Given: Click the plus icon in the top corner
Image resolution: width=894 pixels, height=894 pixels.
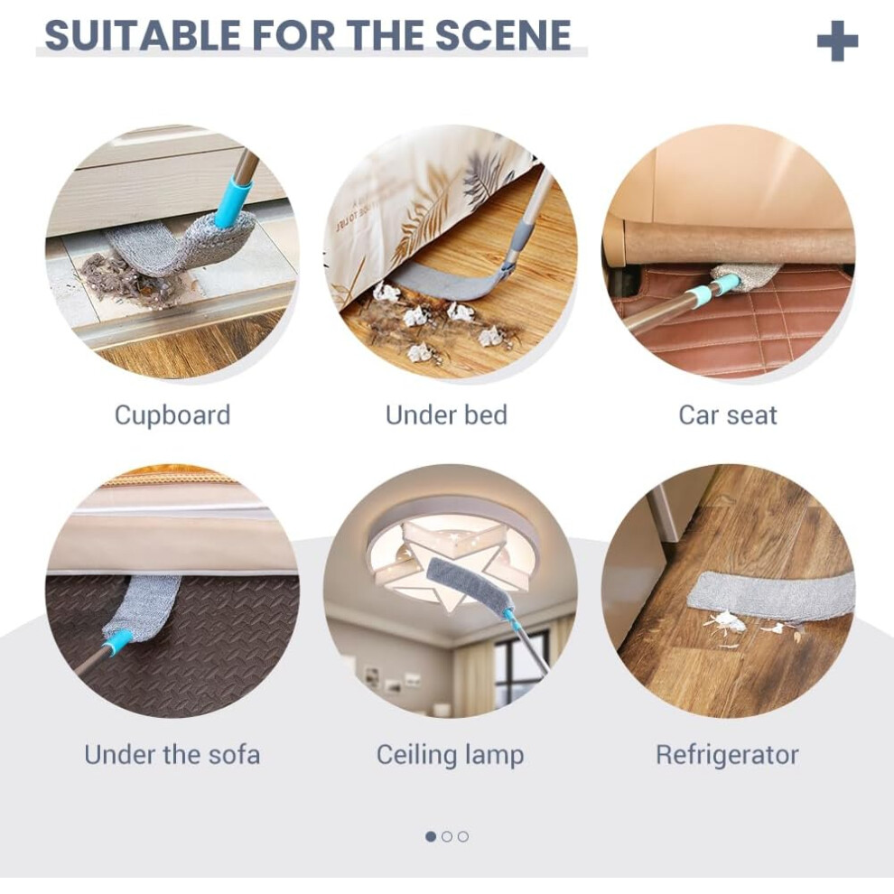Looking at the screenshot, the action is [x=837, y=41].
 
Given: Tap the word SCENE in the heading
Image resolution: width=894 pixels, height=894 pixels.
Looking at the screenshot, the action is [x=503, y=35].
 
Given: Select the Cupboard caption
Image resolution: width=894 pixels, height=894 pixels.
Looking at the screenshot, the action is [x=172, y=415].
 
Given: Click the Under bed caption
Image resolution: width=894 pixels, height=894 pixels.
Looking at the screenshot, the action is [x=446, y=415].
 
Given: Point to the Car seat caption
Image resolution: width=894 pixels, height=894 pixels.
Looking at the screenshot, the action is [x=728, y=415].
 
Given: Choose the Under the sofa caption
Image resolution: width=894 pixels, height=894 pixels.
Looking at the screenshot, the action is [x=172, y=754].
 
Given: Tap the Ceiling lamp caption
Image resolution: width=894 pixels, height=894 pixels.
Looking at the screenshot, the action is [x=450, y=755].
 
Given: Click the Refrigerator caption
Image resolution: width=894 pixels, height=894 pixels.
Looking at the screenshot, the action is [x=727, y=755].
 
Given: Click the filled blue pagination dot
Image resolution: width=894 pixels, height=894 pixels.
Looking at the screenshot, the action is [x=431, y=836].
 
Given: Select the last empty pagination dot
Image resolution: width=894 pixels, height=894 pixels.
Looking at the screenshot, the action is [x=463, y=836].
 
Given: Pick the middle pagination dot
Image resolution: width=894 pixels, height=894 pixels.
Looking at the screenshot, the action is [x=447, y=836].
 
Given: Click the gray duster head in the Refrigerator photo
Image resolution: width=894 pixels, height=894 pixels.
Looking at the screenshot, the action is [x=769, y=594].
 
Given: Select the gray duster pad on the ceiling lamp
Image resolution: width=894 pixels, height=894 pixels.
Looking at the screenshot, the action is [x=466, y=587].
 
